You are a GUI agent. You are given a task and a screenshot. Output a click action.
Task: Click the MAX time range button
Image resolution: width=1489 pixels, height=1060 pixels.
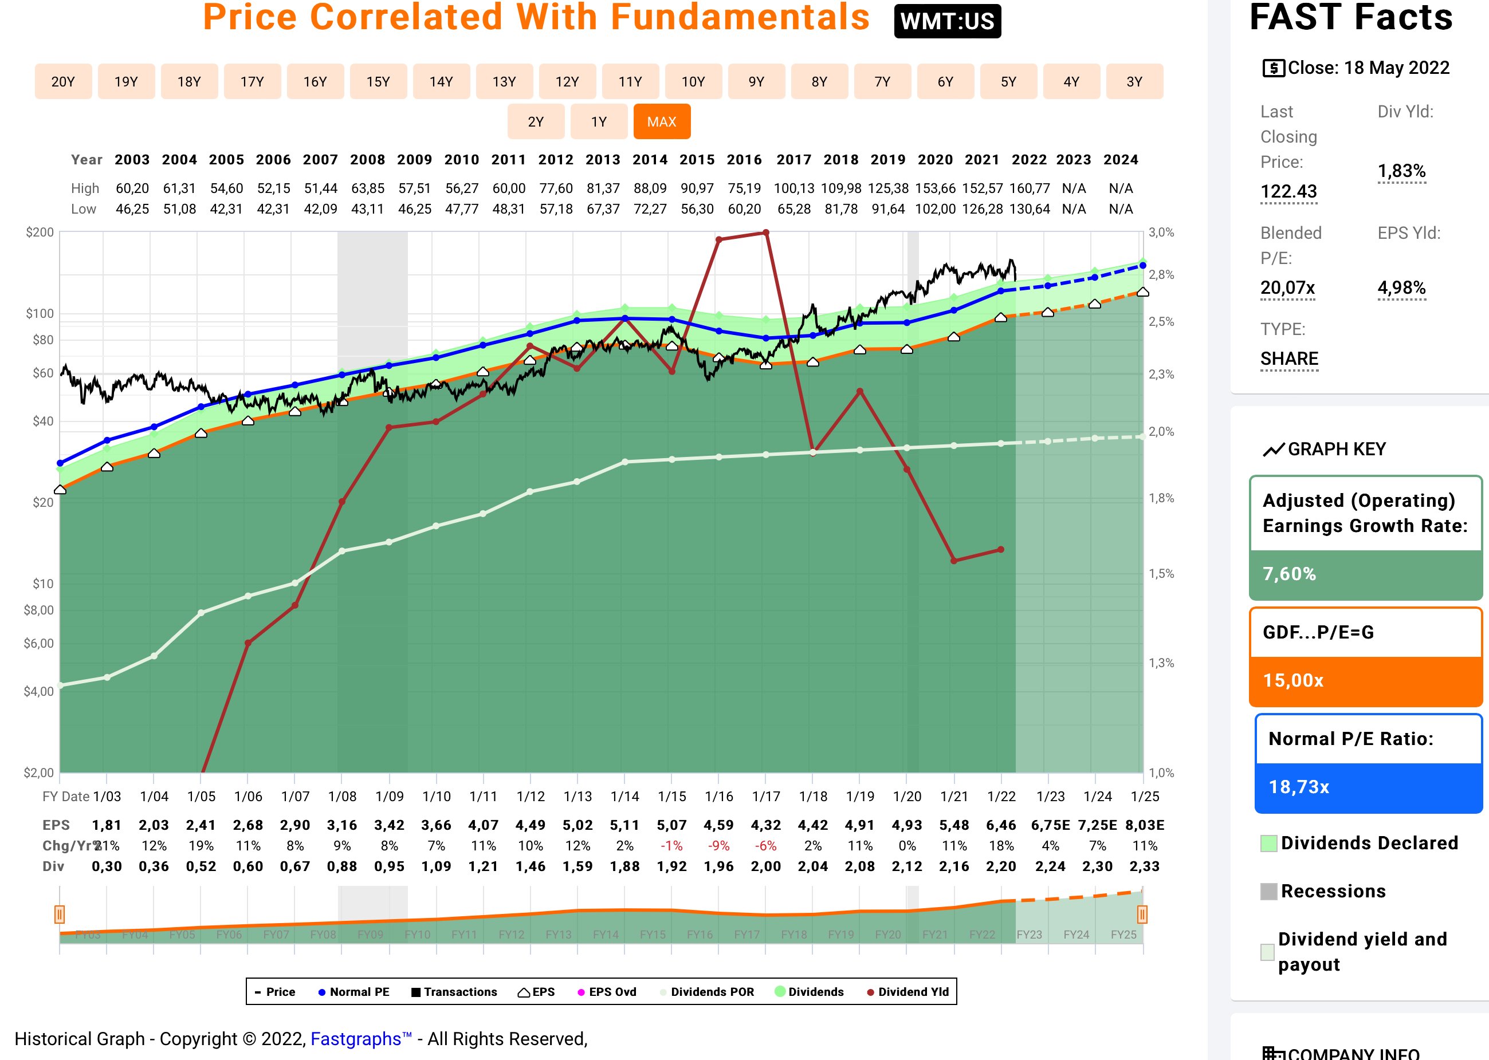pos(662,122)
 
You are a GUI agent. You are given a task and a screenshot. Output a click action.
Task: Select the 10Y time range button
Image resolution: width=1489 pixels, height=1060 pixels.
pos(693,81)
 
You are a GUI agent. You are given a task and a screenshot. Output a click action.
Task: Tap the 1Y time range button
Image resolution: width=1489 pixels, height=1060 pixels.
pos(599,122)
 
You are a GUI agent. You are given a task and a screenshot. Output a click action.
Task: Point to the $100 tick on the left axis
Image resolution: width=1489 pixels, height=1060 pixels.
pos(40,313)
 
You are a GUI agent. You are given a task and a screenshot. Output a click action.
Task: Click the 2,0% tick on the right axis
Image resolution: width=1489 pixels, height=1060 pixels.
pos(1161,431)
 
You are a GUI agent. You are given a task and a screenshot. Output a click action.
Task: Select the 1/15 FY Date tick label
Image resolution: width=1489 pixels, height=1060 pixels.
pos(672,797)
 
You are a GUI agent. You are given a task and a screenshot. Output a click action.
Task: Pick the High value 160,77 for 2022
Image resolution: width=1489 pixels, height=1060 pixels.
pos(1030,188)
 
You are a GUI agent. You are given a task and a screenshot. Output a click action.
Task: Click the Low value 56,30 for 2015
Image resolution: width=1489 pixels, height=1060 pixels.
pos(697,209)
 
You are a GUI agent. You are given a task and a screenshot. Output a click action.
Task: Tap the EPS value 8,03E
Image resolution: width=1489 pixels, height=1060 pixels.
pos(1144,825)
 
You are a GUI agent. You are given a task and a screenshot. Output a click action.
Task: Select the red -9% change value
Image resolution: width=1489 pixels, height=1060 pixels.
pos(718,846)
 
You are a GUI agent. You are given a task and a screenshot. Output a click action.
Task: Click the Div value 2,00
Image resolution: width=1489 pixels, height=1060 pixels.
pos(765,867)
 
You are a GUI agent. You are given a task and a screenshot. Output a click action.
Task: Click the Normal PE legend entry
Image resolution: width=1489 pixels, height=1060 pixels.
pos(354,992)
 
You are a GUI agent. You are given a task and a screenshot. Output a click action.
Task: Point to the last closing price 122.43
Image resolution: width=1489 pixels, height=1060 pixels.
pos(1288,191)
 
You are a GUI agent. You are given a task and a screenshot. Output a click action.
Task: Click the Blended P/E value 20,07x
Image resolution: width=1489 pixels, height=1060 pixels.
pos(1287,288)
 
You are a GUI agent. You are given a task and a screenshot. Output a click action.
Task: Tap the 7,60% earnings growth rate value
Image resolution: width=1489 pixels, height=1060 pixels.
pos(1289,574)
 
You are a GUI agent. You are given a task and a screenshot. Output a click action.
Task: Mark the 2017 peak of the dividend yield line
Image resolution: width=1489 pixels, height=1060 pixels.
pos(765,233)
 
